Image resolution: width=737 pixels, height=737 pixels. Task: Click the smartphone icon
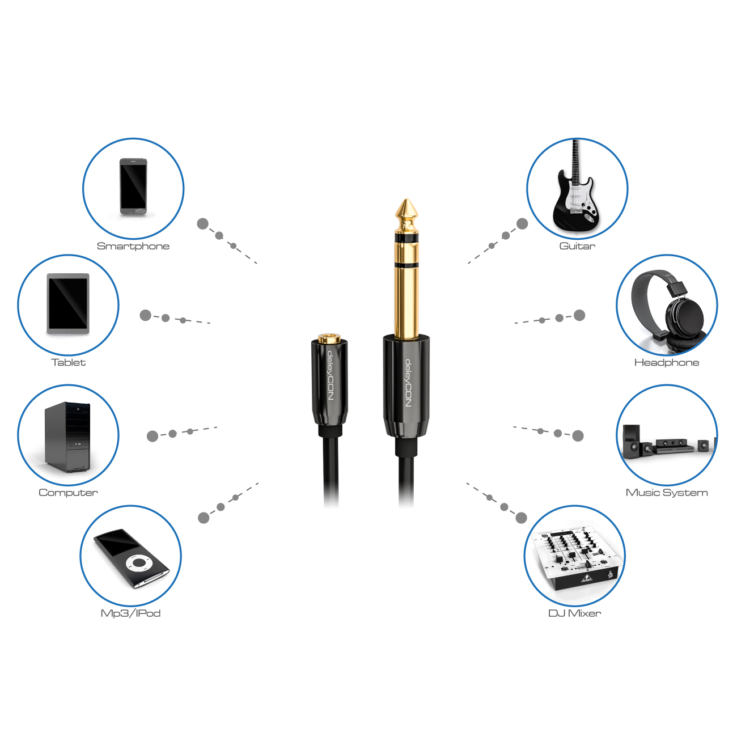point(133,187)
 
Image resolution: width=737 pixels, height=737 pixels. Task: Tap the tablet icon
point(68,303)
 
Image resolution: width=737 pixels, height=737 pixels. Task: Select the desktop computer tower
point(67,437)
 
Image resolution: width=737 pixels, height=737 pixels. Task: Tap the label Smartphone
point(133,246)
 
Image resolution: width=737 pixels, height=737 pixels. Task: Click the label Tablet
point(68,362)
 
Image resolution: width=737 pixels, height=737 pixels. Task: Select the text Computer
point(68,493)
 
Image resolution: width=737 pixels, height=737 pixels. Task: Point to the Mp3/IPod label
point(130,613)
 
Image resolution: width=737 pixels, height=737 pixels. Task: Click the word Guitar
point(577,246)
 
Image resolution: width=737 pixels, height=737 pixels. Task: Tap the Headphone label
point(667,362)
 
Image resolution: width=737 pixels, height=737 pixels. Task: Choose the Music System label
point(667,493)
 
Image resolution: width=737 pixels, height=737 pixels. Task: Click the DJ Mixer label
point(574,613)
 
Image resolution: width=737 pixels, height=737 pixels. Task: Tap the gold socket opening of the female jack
point(329,338)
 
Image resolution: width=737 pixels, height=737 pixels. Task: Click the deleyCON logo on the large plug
point(408,383)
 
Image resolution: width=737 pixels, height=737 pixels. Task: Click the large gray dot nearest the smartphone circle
point(203,224)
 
